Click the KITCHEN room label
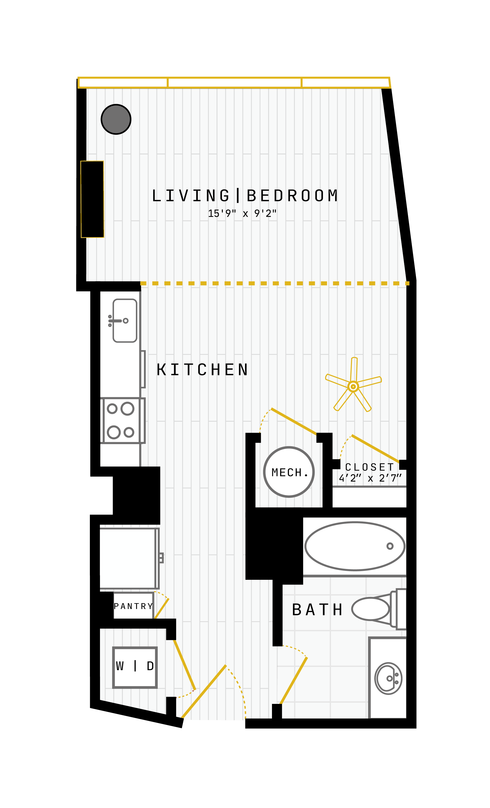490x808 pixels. click(x=202, y=370)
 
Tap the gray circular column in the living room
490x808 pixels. click(x=116, y=119)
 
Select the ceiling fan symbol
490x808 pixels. click(x=353, y=385)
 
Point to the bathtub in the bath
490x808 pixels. click(x=355, y=546)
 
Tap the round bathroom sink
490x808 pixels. click(x=388, y=678)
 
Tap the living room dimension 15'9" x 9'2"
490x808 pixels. click(x=242, y=214)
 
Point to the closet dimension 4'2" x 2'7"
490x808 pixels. click(x=370, y=478)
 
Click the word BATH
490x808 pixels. click(x=317, y=610)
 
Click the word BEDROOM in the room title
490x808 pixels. click(x=292, y=195)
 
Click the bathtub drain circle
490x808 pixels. click(x=390, y=546)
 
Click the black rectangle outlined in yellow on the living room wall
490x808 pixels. click(x=92, y=199)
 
